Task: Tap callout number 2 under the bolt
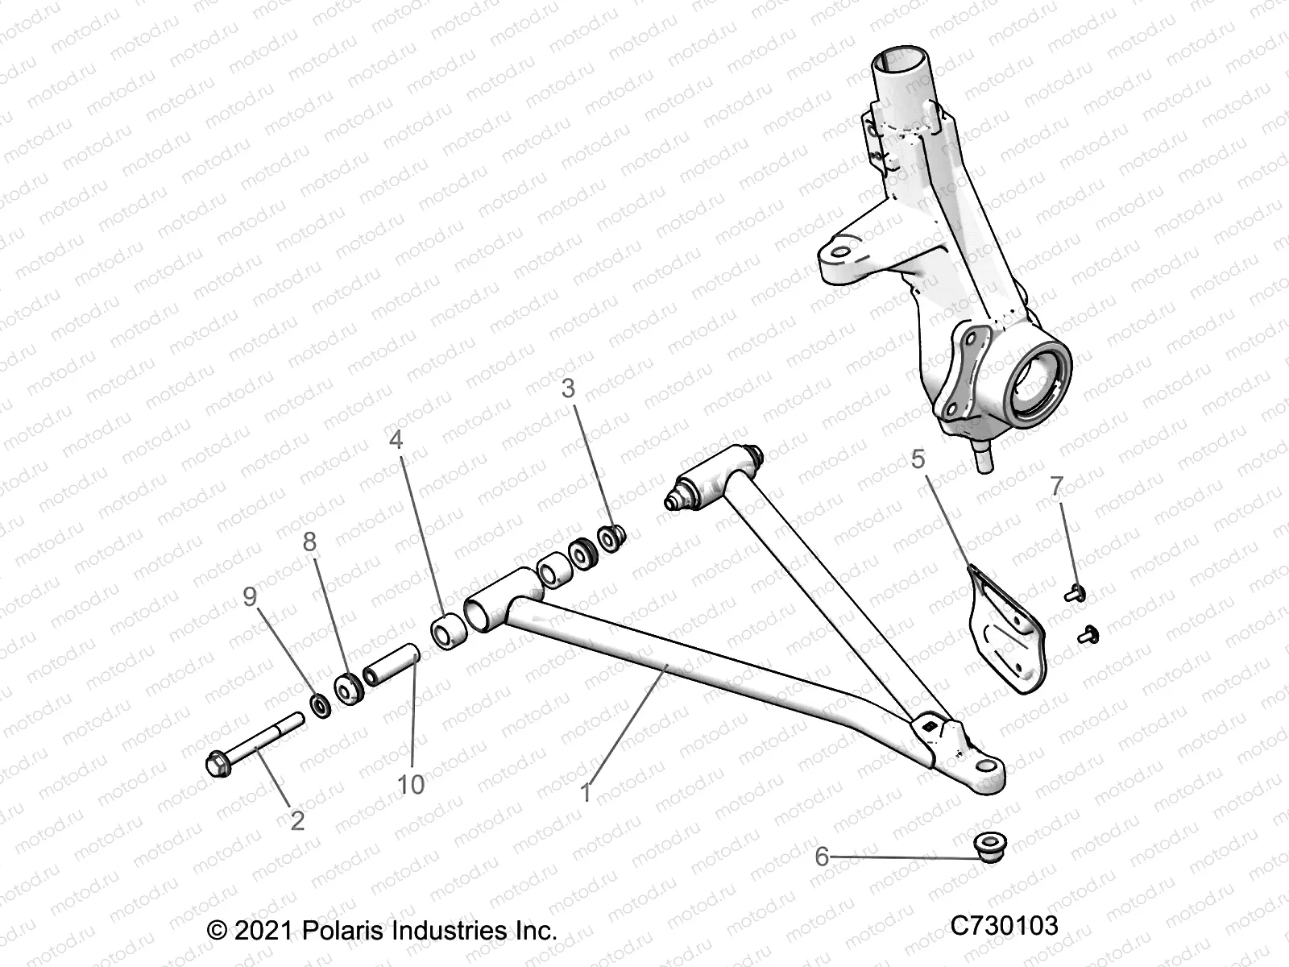tap(297, 821)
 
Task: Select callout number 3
tap(569, 388)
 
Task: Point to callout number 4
tap(396, 439)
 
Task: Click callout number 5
tap(918, 459)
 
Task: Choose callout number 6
tap(822, 856)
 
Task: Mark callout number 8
tap(310, 542)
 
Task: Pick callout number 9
tap(250, 596)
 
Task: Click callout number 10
tap(411, 784)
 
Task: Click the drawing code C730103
tap(1004, 926)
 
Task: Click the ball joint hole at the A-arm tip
tap(986, 766)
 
